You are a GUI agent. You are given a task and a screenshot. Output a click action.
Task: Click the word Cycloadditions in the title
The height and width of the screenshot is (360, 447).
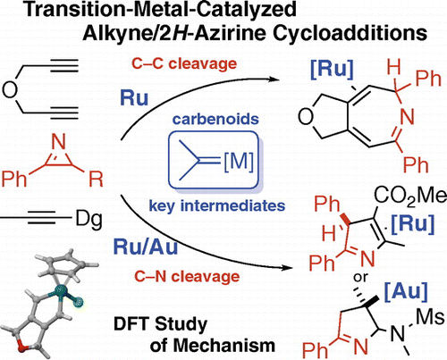350,33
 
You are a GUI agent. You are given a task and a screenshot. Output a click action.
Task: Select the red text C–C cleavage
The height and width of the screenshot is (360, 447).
184,63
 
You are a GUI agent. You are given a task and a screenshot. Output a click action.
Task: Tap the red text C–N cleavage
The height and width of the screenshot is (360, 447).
187,276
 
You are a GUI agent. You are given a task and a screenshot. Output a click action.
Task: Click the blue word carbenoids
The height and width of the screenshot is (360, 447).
215,119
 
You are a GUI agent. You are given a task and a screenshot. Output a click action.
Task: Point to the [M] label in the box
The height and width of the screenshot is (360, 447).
239,161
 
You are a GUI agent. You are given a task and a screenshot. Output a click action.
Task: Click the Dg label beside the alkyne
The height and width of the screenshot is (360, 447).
89,221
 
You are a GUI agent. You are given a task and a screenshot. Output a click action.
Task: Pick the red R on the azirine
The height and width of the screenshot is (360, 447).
96,179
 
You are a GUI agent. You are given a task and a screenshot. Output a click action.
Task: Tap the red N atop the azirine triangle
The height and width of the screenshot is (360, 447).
59,142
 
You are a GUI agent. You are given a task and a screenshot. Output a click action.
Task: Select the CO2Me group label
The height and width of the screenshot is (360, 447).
410,197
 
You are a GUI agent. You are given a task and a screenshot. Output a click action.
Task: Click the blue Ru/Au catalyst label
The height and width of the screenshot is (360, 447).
146,247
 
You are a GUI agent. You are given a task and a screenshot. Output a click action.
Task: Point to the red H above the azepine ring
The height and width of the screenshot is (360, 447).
394,67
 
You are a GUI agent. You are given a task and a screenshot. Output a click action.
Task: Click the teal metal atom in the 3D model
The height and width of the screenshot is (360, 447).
61,289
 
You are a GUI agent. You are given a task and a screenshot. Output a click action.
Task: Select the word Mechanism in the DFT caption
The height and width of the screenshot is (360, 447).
213,346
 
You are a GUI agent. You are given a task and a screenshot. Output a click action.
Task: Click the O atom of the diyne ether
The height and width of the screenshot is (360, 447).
10,89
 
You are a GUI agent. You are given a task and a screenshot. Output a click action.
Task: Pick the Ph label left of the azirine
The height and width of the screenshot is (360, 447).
13,179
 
